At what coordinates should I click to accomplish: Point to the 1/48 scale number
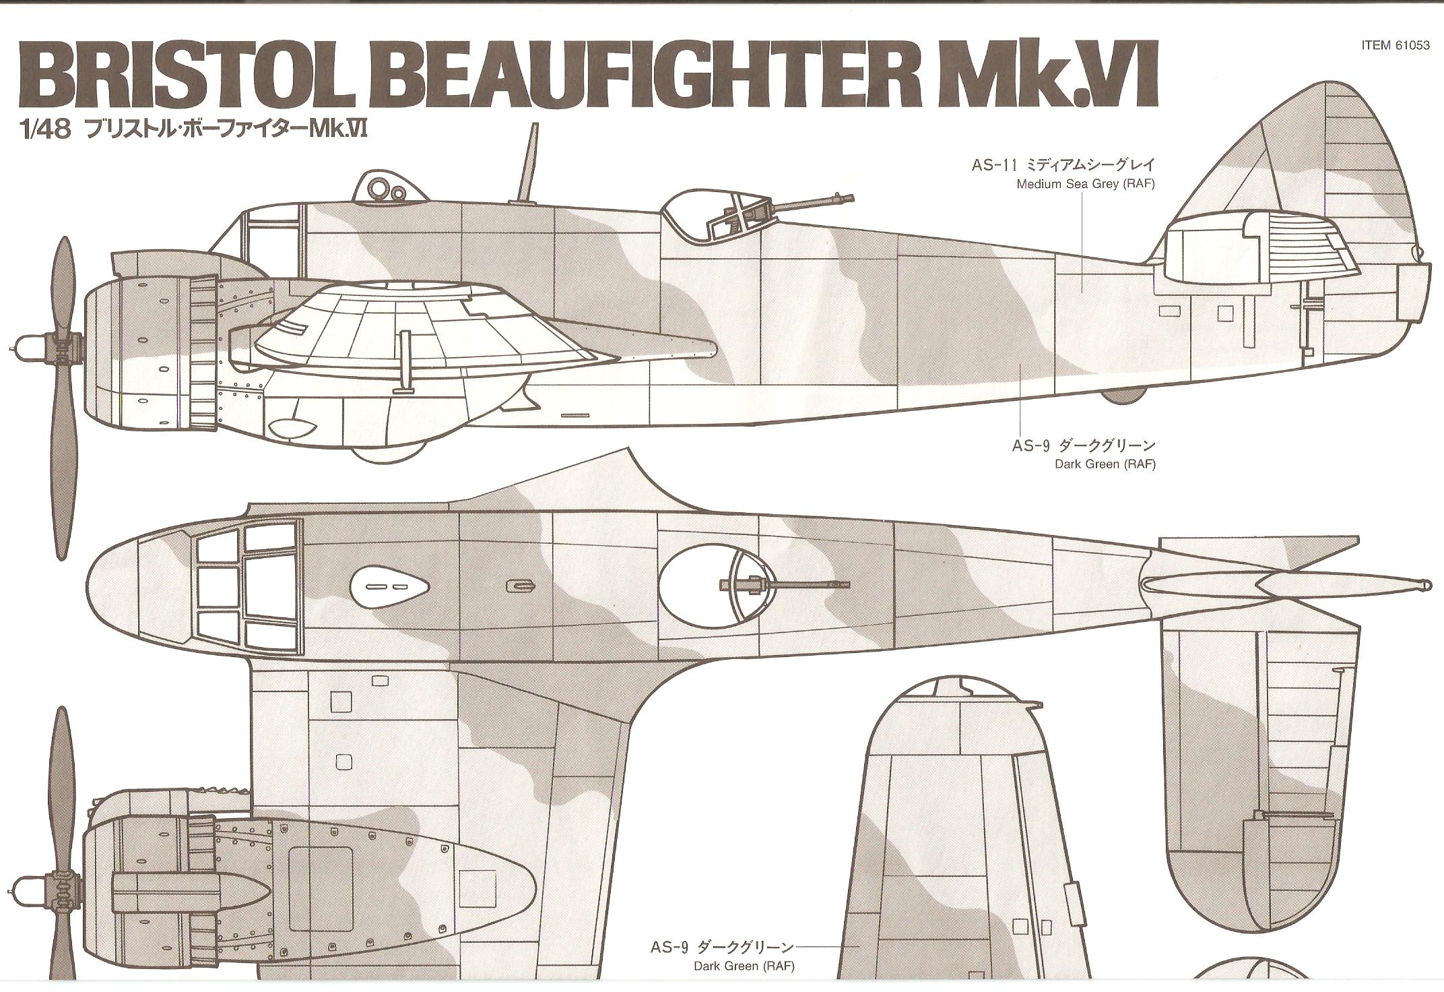(46, 131)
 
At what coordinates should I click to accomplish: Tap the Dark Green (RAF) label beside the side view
(1105, 464)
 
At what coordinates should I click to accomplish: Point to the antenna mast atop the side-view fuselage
(529, 162)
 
